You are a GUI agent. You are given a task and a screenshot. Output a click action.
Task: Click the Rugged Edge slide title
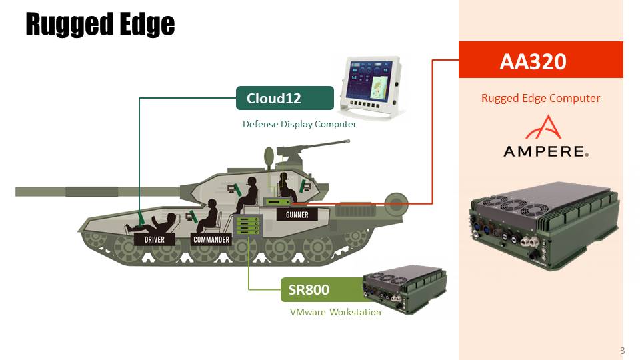pyautogui.click(x=100, y=25)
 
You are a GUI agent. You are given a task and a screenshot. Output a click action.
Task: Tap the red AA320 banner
pyautogui.click(x=541, y=61)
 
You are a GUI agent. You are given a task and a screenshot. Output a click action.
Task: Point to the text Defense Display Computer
pyautogui.click(x=299, y=124)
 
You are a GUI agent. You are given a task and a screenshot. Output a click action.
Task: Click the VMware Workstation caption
pyautogui.click(x=335, y=312)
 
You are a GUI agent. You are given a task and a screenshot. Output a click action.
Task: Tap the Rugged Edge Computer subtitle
pyautogui.click(x=541, y=98)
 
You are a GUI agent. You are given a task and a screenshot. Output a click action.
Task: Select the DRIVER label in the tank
pyautogui.click(x=154, y=239)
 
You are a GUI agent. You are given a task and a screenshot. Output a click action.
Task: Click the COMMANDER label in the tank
pyautogui.click(x=211, y=239)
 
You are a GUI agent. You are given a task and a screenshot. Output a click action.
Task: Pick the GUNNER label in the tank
pyautogui.click(x=297, y=215)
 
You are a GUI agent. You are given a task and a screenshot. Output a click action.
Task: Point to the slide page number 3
pyautogui.click(x=622, y=351)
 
